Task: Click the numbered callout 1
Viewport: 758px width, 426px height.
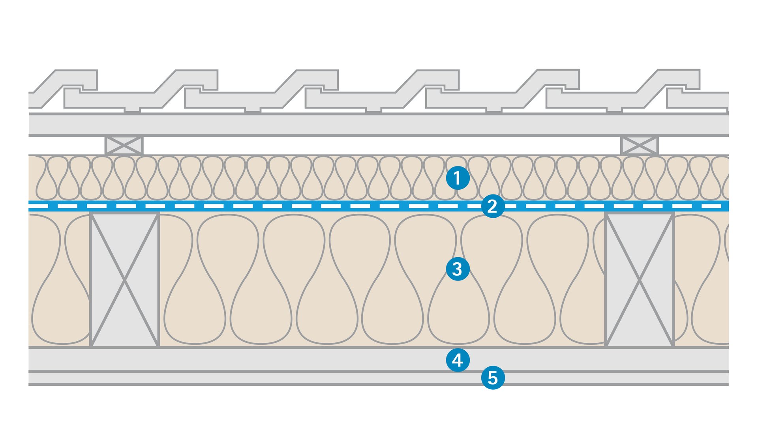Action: click(x=458, y=178)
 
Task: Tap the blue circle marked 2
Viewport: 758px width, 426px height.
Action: click(x=493, y=206)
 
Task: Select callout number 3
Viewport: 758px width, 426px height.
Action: click(x=458, y=269)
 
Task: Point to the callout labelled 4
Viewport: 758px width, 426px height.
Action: click(x=458, y=360)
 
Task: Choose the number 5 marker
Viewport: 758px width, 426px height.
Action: click(x=493, y=378)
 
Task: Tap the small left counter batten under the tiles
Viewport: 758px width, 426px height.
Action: click(x=124, y=146)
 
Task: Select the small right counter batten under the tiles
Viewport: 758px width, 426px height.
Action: click(x=639, y=146)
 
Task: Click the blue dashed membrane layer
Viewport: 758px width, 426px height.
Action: click(x=276, y=206)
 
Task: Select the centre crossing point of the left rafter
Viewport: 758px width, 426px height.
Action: click(x=124, y=280)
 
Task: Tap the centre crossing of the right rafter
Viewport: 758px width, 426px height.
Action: click(x=639, y=280)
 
